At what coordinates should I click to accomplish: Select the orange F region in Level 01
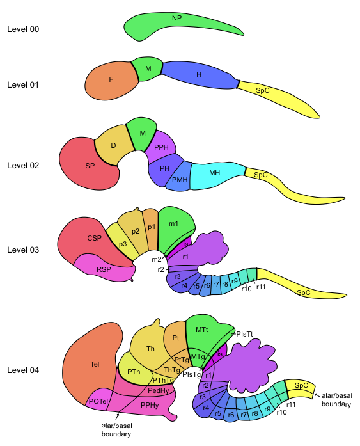coord(111,80)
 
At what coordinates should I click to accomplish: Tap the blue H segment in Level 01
coord(199,74)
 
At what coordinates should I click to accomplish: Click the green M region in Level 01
coord(148,68)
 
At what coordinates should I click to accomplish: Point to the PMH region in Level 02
coord(179,178)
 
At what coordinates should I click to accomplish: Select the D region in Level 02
coord(114,146)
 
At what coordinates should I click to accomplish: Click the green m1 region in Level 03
coord(174,228)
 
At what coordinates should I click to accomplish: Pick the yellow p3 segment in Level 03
coord(123,243)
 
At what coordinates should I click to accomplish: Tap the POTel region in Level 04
coord(98,401)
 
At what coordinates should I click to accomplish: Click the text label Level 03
coord(23,250)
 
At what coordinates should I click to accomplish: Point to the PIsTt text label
coord(244,334)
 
